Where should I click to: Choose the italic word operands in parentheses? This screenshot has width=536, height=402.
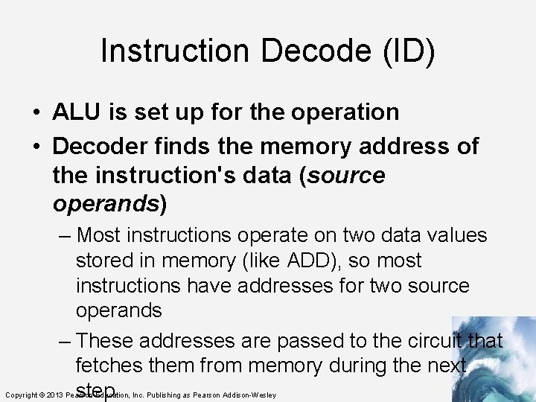pyautogui.click(x=106, y=203)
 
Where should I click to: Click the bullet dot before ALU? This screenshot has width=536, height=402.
pyautogui.click(x=36, y=113)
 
